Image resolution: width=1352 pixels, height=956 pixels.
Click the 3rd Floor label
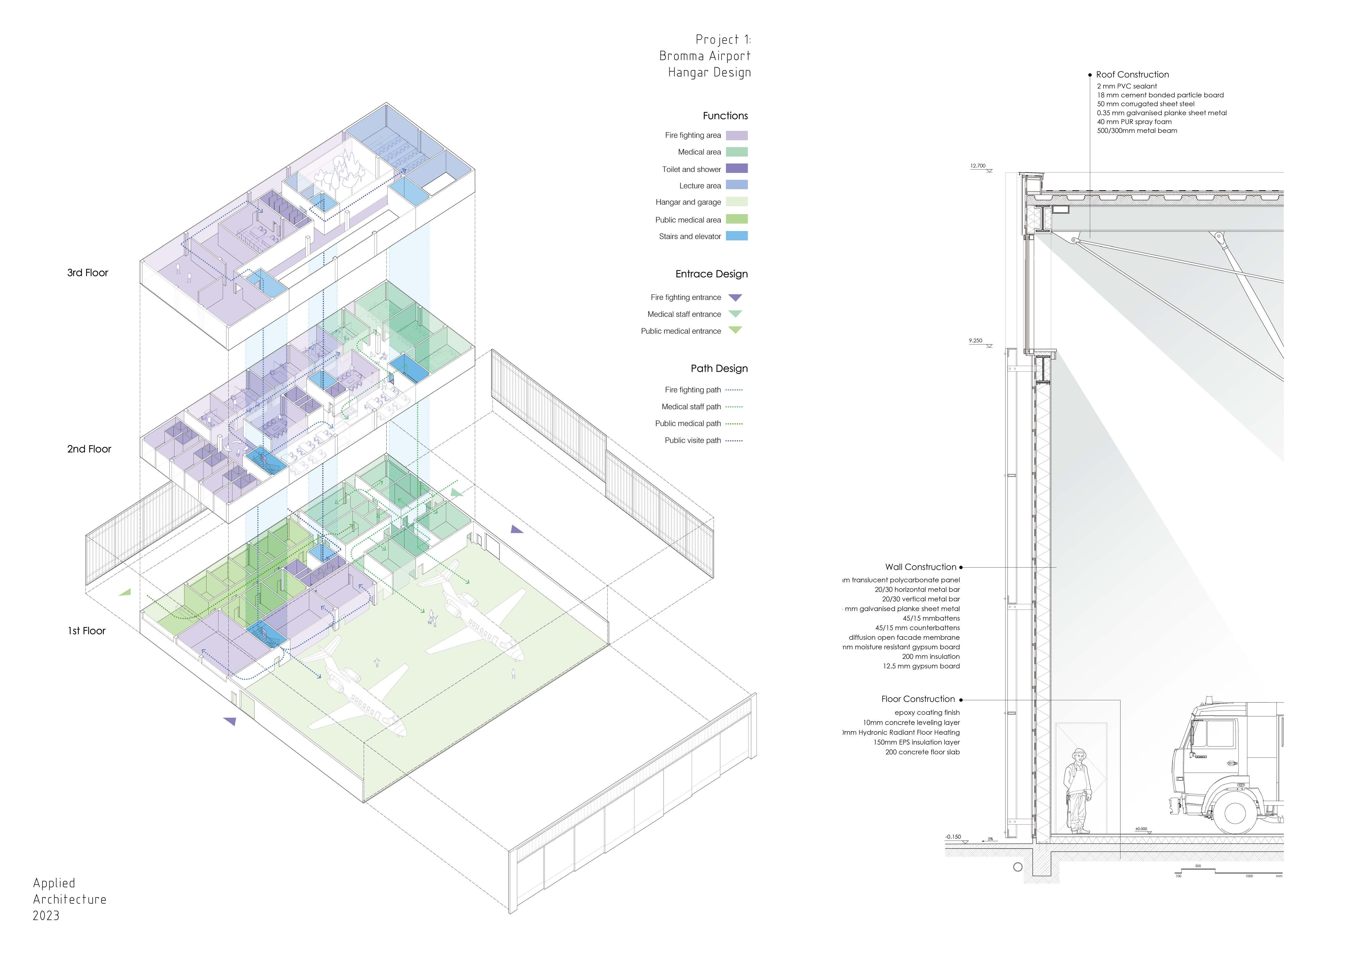click(88, 272)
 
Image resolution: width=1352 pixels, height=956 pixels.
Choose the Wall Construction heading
click(920, 567)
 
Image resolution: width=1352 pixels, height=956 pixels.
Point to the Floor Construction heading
click(917, 699)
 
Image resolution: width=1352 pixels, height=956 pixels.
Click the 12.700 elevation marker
click(978, 166)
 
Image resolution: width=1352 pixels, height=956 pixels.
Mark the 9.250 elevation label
click(976, 341)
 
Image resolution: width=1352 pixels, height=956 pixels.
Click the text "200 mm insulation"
click(930, 656)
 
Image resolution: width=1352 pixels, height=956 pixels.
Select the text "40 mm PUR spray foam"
click(1134, 122)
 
